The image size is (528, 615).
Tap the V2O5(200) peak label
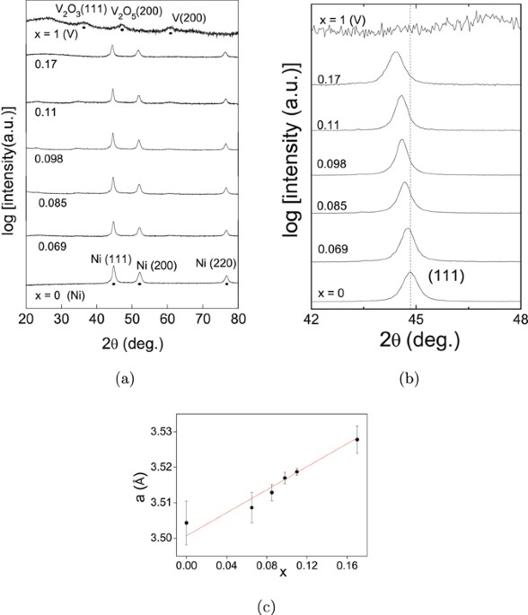click(130, 11)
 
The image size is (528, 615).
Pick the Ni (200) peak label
click(163, 266)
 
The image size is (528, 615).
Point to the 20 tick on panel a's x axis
click(26, 319)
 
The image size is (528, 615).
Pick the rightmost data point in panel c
click(357, 439)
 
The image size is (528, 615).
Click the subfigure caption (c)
click(264, 604)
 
